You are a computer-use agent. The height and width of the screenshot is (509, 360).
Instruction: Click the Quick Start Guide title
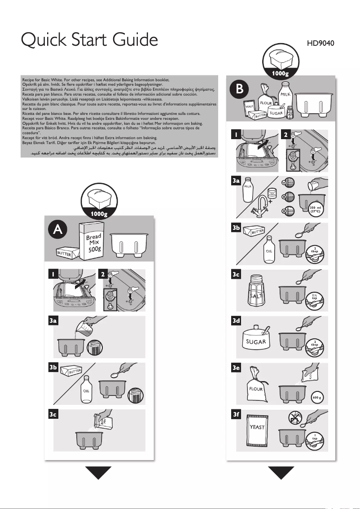[x=89, y=41]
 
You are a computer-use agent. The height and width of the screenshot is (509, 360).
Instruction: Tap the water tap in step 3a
[x=262, y=206]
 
